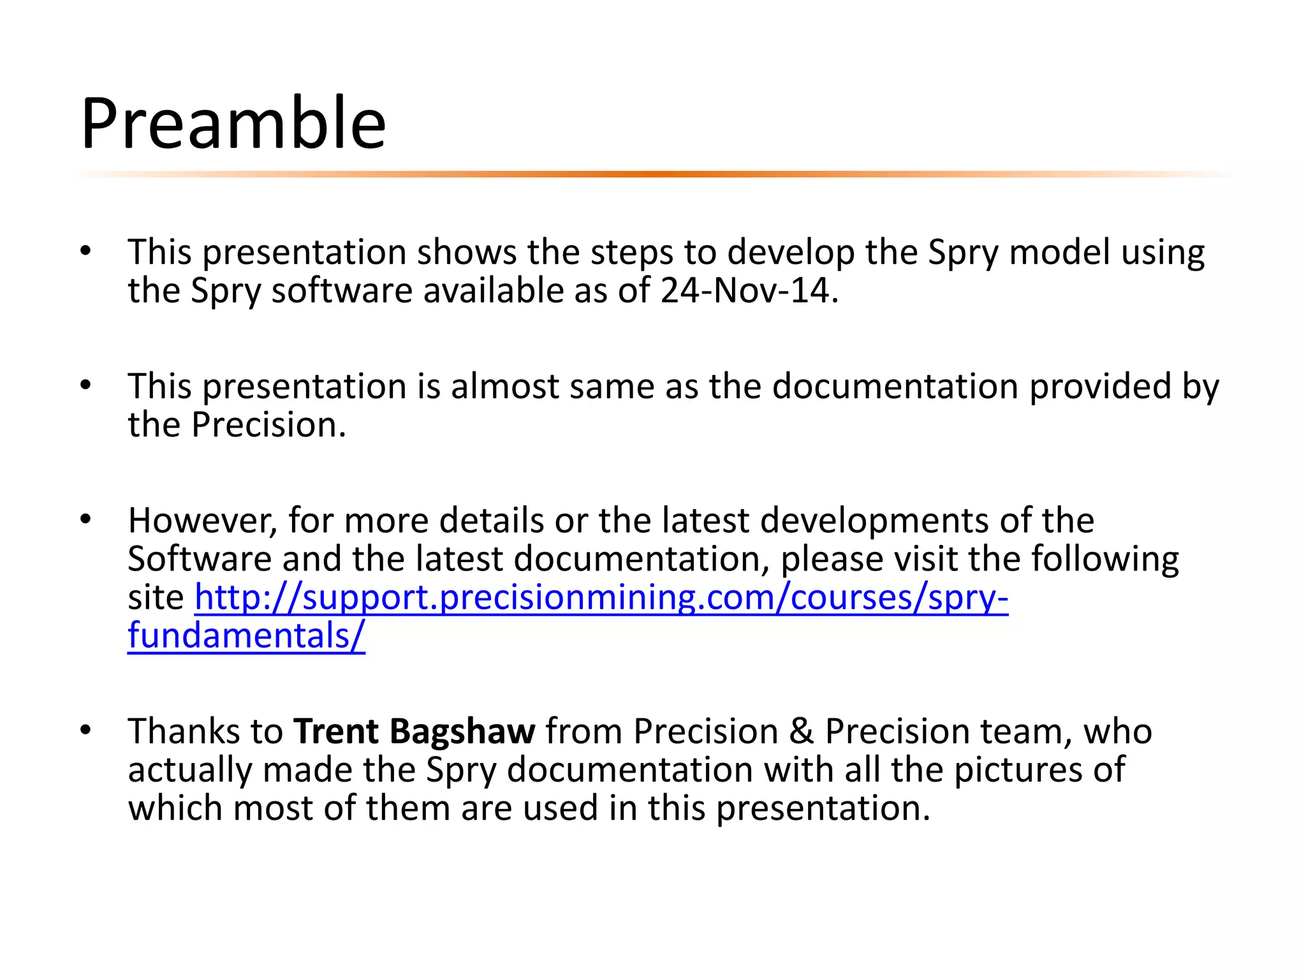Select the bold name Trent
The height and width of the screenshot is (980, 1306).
336,731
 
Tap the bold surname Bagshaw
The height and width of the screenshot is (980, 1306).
462,732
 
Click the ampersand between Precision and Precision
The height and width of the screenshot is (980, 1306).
802,731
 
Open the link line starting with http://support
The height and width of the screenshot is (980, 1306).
601,598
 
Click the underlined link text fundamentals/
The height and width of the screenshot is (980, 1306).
246,637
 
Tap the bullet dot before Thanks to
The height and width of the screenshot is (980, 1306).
86,730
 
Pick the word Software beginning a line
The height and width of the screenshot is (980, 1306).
200,560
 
